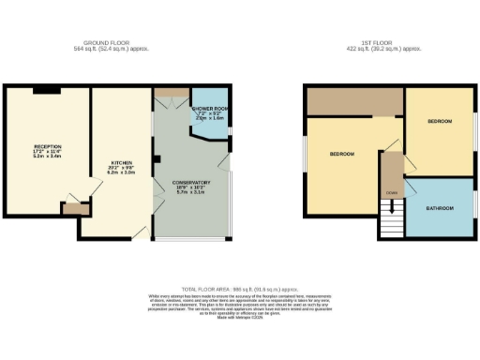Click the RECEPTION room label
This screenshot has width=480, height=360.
(x=47, y=147)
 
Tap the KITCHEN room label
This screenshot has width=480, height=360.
(x=119, y=162)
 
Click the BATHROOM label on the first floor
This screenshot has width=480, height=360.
(x=440, y=207)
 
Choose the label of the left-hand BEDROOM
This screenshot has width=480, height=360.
(x=342, y=153)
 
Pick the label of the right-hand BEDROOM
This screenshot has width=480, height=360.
(x=441, y=122)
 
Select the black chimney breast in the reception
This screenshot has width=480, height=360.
(x=47, y=90)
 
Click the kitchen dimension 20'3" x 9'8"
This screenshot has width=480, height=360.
(x=119, y=168)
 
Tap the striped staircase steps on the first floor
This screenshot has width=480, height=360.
(x=391, y=221)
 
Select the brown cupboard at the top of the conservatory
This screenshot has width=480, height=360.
(x=171, y=90)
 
